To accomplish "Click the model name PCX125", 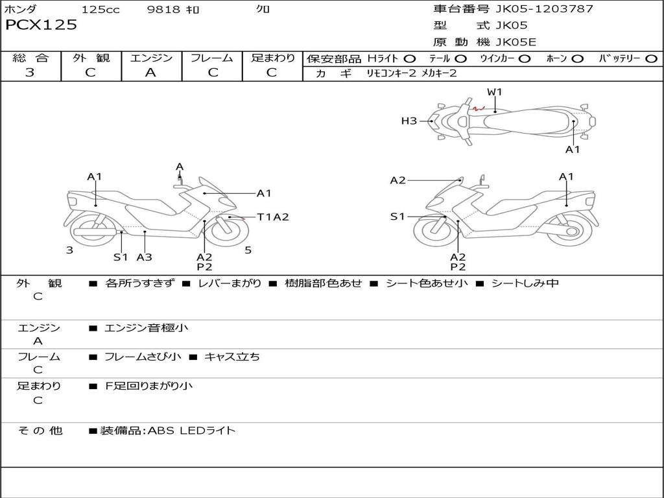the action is click(x=41, y=25).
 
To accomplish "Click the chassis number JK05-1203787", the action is click(x=544, y=8).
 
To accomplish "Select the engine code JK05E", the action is click(x=516, y=42).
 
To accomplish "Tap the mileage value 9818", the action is click(x=163, y=9).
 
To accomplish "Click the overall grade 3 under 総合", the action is click(x=30, y=73).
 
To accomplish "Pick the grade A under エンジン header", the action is click(x=150, y=73).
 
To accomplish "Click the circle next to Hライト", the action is click(x=409, y=58).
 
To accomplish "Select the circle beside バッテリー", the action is click(x=651, y=58).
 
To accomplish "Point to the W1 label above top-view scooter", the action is click(x=494, y=91).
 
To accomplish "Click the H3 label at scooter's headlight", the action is click(x=409, y=121).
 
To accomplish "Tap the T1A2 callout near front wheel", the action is click(x=273, y=217).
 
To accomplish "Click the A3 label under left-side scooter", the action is click(x=144, y=257).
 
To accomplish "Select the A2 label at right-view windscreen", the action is click(x=397, y=180).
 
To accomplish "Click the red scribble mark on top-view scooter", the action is click(x=479, y=108).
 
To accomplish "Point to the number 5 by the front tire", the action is click(x=248, y=250).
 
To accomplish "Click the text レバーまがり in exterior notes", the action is click(x=230, y=283).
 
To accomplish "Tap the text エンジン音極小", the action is click(x=146, y=327).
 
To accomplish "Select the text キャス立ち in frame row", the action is click(x=231, y=357).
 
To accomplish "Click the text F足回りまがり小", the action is click(x=148, y=386).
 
